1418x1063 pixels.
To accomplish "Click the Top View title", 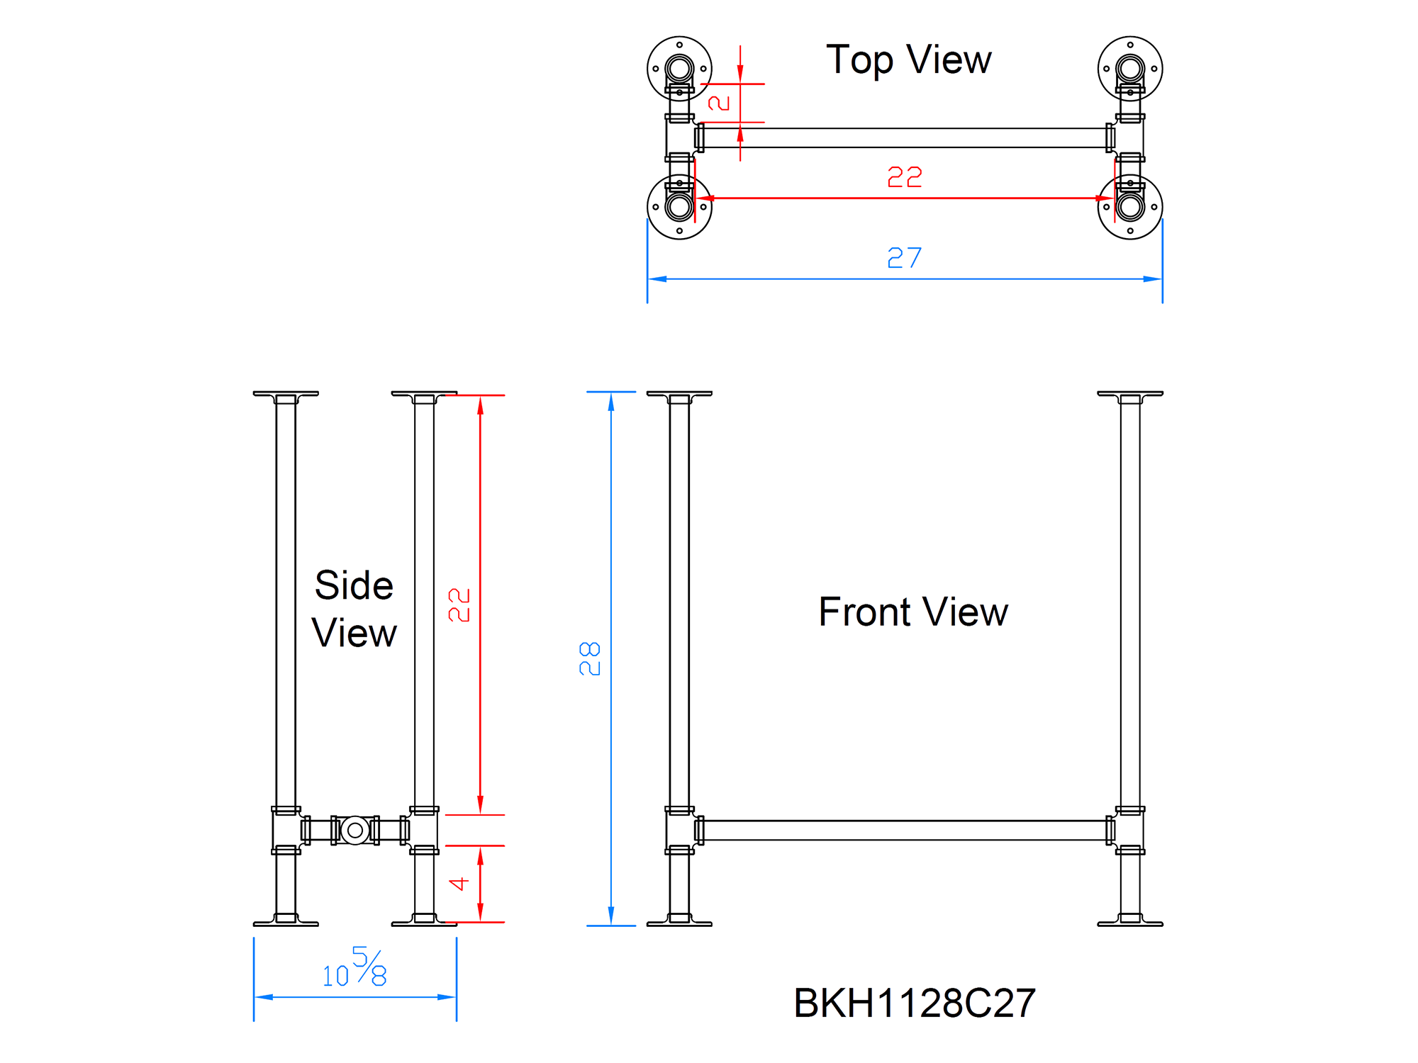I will pos(908,60).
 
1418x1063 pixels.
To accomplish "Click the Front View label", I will pos(912,612).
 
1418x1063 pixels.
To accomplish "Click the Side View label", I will pos(354,609).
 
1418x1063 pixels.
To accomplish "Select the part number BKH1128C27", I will pos(914,1003).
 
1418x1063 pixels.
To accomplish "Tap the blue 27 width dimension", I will pos(904,258).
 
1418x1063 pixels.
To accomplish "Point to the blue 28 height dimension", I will pos(590,658).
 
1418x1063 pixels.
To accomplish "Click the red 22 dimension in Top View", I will pos(904,177).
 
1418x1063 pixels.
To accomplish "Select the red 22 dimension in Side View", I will pos(459,604).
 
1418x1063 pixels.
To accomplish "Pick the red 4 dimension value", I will pos(459,884).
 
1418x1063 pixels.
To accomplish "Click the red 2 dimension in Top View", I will pos(719,103).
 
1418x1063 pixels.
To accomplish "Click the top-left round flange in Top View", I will pos(679,69).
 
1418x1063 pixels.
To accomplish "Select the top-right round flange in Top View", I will pos(1129,69).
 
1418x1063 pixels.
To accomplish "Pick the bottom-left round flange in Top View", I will pos(679,207).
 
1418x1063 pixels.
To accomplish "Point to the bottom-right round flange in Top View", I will pos(1129,207).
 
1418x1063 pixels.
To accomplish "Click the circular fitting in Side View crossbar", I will pos(355,830).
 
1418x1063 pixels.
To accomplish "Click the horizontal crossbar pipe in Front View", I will pos(904,831).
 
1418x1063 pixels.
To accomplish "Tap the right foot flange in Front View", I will pos(1129,921).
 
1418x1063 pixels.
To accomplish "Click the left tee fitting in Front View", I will pos(679,831).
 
